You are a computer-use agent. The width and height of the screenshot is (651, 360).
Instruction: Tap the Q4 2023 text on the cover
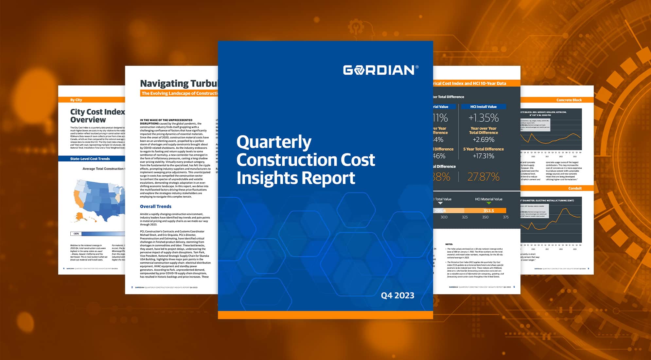[x=397, y=295]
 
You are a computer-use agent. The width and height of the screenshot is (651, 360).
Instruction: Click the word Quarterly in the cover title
[x=274, y=142]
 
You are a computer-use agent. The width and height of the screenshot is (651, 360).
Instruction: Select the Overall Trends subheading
[x=155, y=207]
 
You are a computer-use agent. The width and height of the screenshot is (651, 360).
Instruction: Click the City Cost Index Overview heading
[x=97, y=116]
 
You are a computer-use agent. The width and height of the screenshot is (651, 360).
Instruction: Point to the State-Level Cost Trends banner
[x=90, y=159]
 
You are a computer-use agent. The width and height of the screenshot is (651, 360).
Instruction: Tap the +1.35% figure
[x=484, y=118]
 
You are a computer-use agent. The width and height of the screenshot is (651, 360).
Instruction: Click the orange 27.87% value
[x=483, y=177]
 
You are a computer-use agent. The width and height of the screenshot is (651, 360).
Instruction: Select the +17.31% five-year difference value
[x=483, y=156]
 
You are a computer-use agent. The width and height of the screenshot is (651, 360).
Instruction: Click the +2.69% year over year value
[x=483, y=140]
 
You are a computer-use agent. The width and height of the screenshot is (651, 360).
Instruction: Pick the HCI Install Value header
[x=483, y=107]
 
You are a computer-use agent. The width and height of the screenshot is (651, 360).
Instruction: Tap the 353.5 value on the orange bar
[x=488, y=211]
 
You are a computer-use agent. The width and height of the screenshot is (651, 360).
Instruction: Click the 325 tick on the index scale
[x=465, y=217]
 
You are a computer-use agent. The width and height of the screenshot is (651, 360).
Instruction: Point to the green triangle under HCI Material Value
[x=488, y=203]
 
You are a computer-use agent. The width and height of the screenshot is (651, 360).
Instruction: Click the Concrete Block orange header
[x=569, y=100]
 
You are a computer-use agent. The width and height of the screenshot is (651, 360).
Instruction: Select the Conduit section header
[x=575, y=189]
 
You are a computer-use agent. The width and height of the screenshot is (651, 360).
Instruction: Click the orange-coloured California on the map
[x=77, y=198]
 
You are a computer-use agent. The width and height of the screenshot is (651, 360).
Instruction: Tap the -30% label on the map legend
[x=76, y=234]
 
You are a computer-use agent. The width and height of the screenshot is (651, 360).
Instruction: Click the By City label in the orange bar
[x=76, y=100]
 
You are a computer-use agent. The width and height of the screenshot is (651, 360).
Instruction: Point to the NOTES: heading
[x=449, y=244]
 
